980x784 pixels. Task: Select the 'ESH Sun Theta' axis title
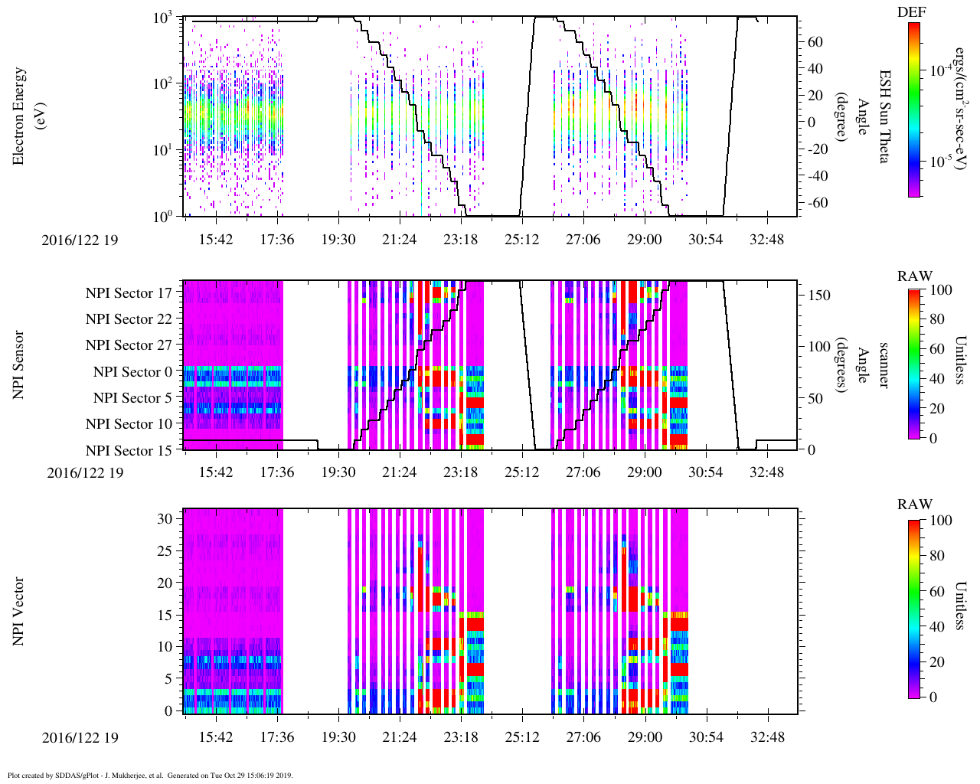tap(884, 116)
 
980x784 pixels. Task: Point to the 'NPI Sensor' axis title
tap(19, 364)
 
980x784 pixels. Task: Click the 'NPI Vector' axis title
tap(19, 611)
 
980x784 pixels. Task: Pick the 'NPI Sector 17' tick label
tap(129, 293)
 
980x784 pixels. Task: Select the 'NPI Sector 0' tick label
tap(132, 372)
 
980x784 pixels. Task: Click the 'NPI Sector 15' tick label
tap(129, 451)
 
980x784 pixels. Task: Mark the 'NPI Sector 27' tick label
tap(129, 345)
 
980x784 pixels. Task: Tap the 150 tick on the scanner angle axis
tap(819, 295)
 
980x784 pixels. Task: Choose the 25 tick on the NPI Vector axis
tap(165, 550)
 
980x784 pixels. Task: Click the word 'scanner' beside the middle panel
tap(884, 364)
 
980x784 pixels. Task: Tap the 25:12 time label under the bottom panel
tap(521, 737)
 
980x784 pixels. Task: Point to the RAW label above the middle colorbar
tap(915, 276)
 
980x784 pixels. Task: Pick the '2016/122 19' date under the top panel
tap(80, 240)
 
